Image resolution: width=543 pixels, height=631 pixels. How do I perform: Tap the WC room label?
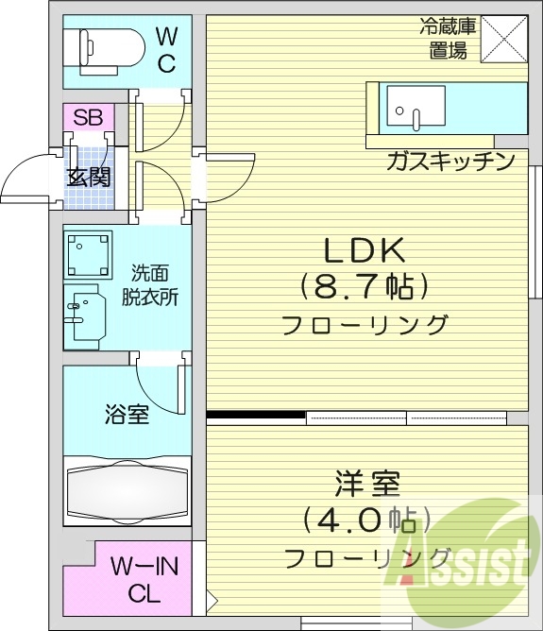coord(166,50)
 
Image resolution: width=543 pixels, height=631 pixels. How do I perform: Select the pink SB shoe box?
coord(88,118)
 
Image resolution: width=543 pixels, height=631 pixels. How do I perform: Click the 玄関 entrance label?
coord(88,177)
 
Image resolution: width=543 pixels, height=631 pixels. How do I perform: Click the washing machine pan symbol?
coord(88,253)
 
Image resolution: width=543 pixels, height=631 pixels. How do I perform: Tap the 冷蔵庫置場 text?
coord(448,38)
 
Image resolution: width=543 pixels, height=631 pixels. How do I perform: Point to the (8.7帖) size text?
coord(365,285)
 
